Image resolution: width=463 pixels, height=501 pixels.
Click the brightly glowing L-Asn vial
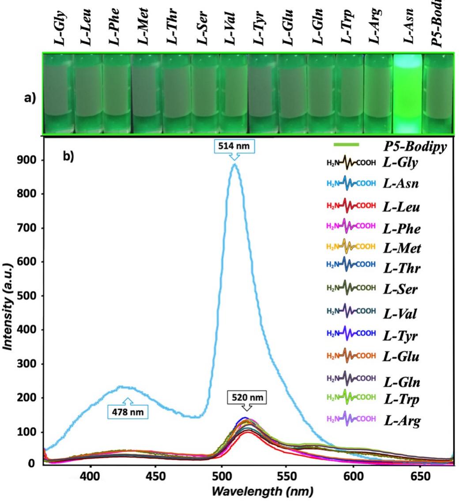tap(407, 93)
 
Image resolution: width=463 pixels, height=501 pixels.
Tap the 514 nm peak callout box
tap(235, 146)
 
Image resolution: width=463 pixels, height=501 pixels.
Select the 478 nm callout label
tap(128, 412)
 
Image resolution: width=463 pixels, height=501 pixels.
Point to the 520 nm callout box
tap(247, 398)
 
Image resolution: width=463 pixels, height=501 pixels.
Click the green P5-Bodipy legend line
tap(346, 144)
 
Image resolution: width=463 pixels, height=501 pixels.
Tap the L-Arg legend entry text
tap(402, 421)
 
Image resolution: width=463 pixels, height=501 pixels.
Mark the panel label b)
tap(69, 157)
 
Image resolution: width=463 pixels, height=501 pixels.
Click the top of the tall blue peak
tap(235, 165)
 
